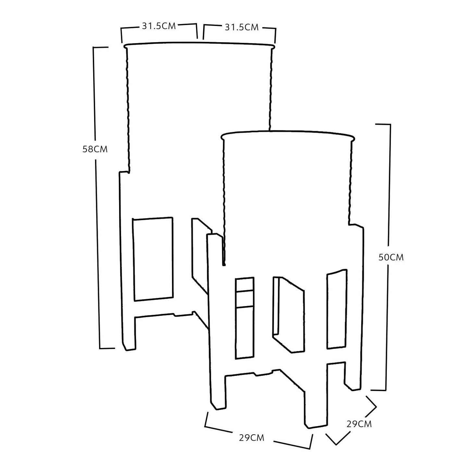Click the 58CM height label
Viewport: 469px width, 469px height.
pyautogui.click(x=95, y=149)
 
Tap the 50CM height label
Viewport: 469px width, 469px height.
pyautogui.click(x=391, y=257)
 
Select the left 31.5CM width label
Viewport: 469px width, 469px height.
pyautogui.click(x=159, y=26)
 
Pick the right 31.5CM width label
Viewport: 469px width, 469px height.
pyautogui.click(x=241, y=27)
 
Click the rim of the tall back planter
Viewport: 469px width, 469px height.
pyautogui.click(x=200, y=43)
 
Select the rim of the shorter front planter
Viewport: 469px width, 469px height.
pyautogui.click(x=287, y=132)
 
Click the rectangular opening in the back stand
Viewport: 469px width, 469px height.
pyautogui.click(x=153, y=259)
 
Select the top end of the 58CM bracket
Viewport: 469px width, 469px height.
pyautogui.click(x=101, y=47)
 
